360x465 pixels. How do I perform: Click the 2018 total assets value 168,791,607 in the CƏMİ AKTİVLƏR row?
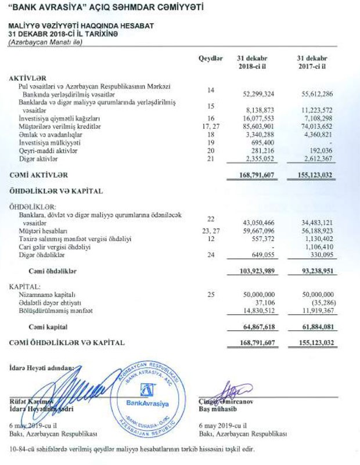258,174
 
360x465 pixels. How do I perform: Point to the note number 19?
211,142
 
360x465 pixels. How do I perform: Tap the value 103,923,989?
258,271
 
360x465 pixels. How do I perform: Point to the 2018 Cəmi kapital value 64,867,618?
258,327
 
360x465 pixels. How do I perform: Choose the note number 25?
211,295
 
